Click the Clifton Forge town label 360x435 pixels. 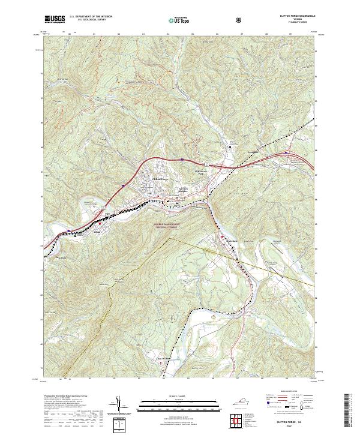point(160,179)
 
